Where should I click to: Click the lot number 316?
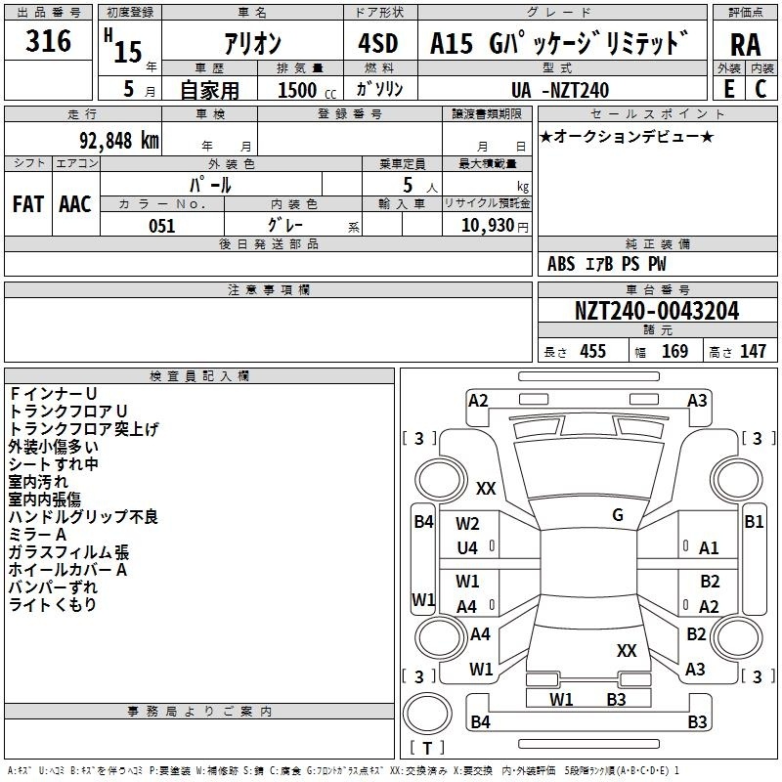point(49,41)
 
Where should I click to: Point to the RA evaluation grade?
point(745,44)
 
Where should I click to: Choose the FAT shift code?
point(28,203)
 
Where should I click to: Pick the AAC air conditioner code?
point(75,203)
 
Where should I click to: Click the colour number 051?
point(161,226)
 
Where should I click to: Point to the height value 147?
point(753,351)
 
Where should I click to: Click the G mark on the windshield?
point(618,515)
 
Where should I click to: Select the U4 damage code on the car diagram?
point(467,548)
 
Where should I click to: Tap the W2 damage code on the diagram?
point(467,524)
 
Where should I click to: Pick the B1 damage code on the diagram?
point(754,522)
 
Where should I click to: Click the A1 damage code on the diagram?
point(710,548)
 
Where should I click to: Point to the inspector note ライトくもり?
point(53,605)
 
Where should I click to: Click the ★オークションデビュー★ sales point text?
point(627,136)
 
